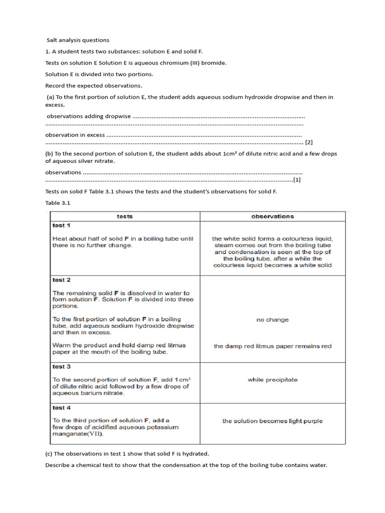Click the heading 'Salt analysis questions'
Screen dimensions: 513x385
(x=78, y=40)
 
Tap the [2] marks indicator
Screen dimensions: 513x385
(x=309, y=142)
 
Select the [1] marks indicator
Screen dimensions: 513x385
(x=297, y=180)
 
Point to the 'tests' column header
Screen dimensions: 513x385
(x=125, y=216)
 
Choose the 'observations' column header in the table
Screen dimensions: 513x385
(x=272, y=216)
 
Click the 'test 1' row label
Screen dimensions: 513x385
(x=61, y=225)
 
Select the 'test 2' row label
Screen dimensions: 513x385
(x=61, y=280)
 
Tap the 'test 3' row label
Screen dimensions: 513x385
(x=61, y=367)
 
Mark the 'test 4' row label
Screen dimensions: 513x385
(x=61, y=408)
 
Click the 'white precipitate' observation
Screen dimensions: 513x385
(x=272, y=380)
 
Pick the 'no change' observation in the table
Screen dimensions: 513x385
(x=272, y=320)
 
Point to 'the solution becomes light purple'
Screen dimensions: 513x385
(x=272, y=421)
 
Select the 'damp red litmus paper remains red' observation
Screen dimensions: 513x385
(x=272, y=346)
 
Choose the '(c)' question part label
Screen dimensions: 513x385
(x=49, y=454)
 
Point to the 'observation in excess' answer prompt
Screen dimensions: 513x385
(x=75, y=135)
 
